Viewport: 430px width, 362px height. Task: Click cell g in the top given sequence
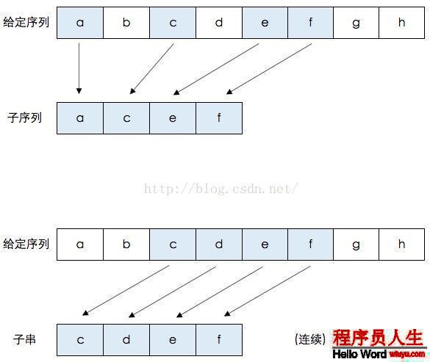pyautogui.click(x=356, y=23)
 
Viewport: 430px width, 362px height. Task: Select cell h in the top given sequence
pyautogui.click(x=402, y=23)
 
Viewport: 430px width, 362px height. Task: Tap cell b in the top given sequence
pyautogui.click(x=126, y=23)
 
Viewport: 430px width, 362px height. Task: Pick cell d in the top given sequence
pyautogui.click(x=219, y=23)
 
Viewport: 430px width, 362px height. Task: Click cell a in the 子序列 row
pyautogui.click(x=80, y=118)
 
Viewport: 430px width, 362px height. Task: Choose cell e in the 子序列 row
pyautogui.click(x=173, y=118)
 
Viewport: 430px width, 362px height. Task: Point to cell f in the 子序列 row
pyautogui.click(x=219, y=118)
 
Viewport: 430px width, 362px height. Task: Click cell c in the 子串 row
pyautogui.click(x=80, y=340)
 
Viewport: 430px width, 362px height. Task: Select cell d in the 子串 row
pyautogui.click(x=126, y=340)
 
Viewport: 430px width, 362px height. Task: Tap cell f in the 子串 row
pyautogui.click(x=219, y=340)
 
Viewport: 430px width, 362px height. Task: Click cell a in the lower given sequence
pyautogui.click(x=80, y=245)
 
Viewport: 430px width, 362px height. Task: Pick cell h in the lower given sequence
pyautogui.click(x=402, y=245)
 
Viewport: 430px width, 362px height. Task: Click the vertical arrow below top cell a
pyautogui.click(x=79, y=68)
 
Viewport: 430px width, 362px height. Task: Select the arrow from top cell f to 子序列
pyautogui.click(x=269, y=69)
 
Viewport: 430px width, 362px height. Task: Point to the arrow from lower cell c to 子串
pyautogui.click(x=126, y=291)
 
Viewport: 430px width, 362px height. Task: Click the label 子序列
pyautogui.click(x=24, y=117)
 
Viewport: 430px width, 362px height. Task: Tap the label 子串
pyautogui.click(x=24, y=339)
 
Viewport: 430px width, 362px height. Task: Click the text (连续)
pyautogui.click(x=310, y=339)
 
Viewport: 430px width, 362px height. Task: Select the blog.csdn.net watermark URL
pyautogui.click(x=221, y=189)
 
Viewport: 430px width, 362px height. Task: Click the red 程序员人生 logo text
pyautogui.click(x=378, y=338)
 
